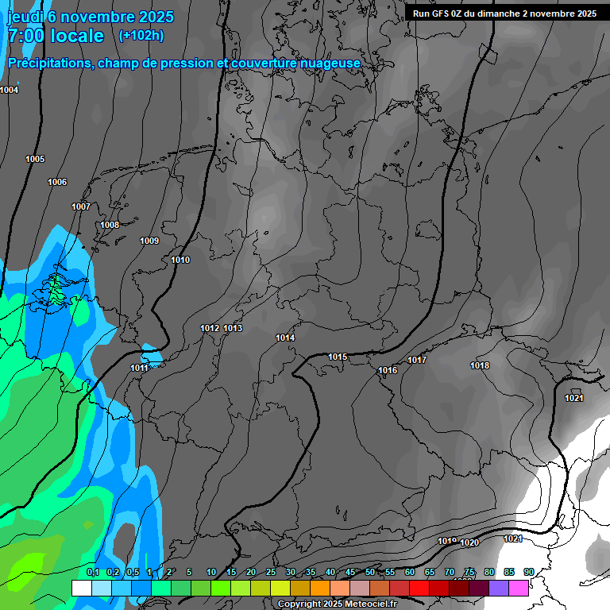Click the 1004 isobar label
10,90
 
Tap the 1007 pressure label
81,207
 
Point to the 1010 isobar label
180,260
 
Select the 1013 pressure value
233,328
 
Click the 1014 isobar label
285,338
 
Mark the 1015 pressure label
338,357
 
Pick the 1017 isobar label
417,360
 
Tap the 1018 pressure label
480,365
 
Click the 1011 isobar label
139,368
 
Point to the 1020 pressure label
469,542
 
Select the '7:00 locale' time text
56,36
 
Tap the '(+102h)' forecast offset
141,35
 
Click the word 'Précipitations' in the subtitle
48,63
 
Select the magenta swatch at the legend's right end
519,589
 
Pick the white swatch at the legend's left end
81,589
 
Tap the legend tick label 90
529,572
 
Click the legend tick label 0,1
93,572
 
